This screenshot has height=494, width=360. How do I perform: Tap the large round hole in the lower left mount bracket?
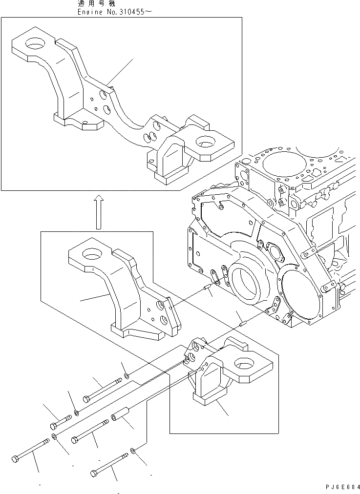pos(92,253)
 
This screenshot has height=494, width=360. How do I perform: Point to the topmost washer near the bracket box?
pos(127,375)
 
